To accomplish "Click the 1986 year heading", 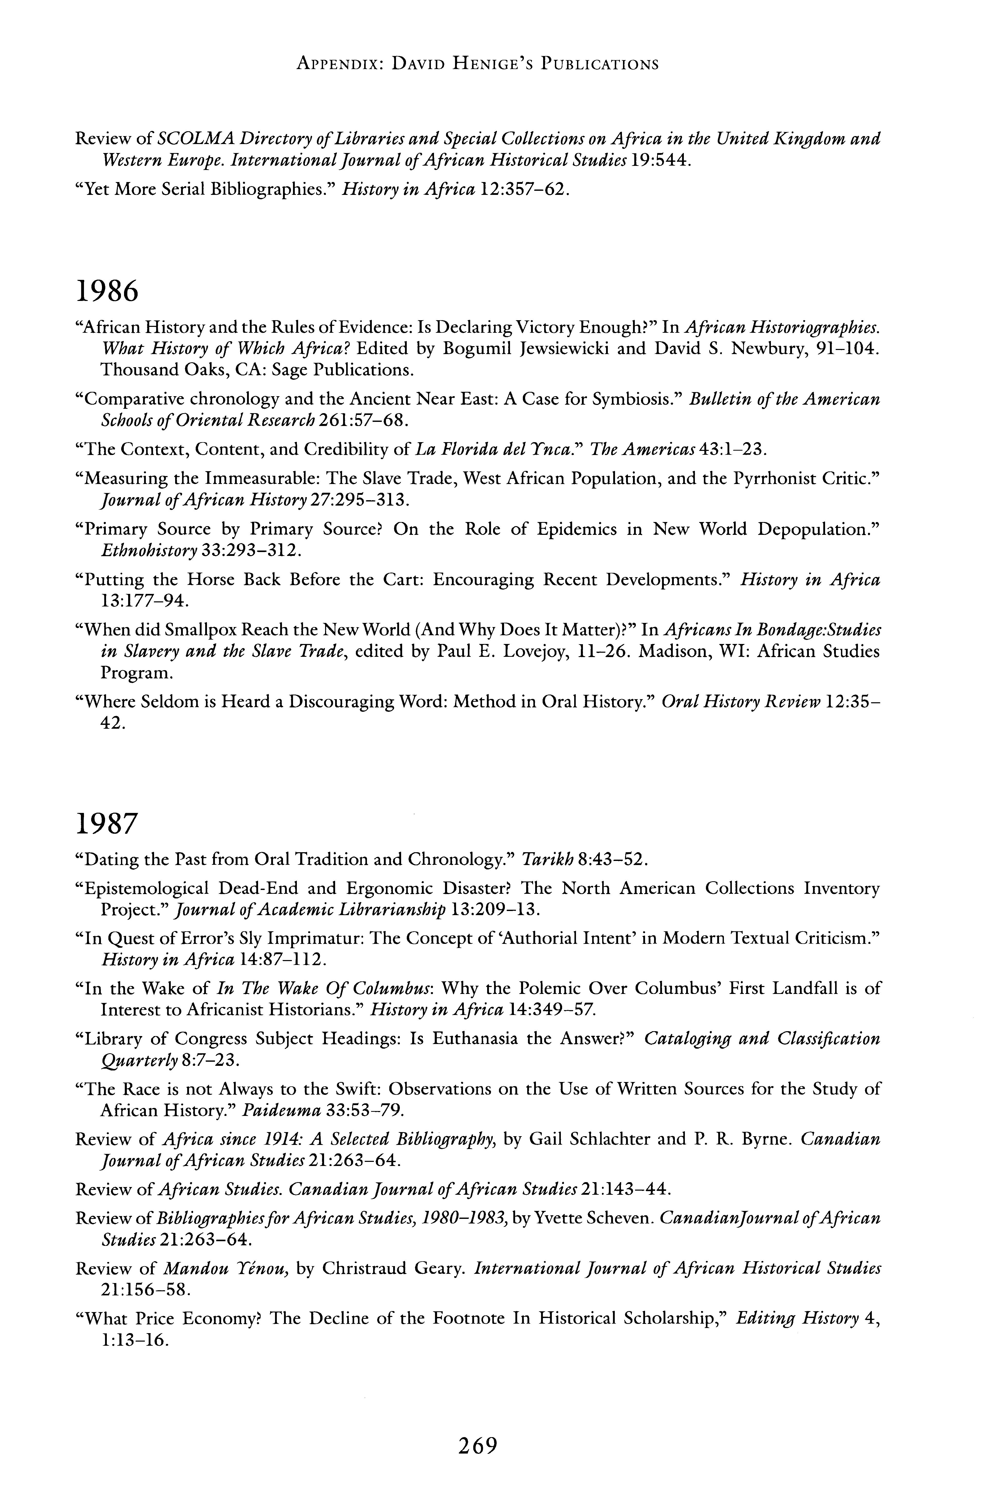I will click(x=106, y=292).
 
